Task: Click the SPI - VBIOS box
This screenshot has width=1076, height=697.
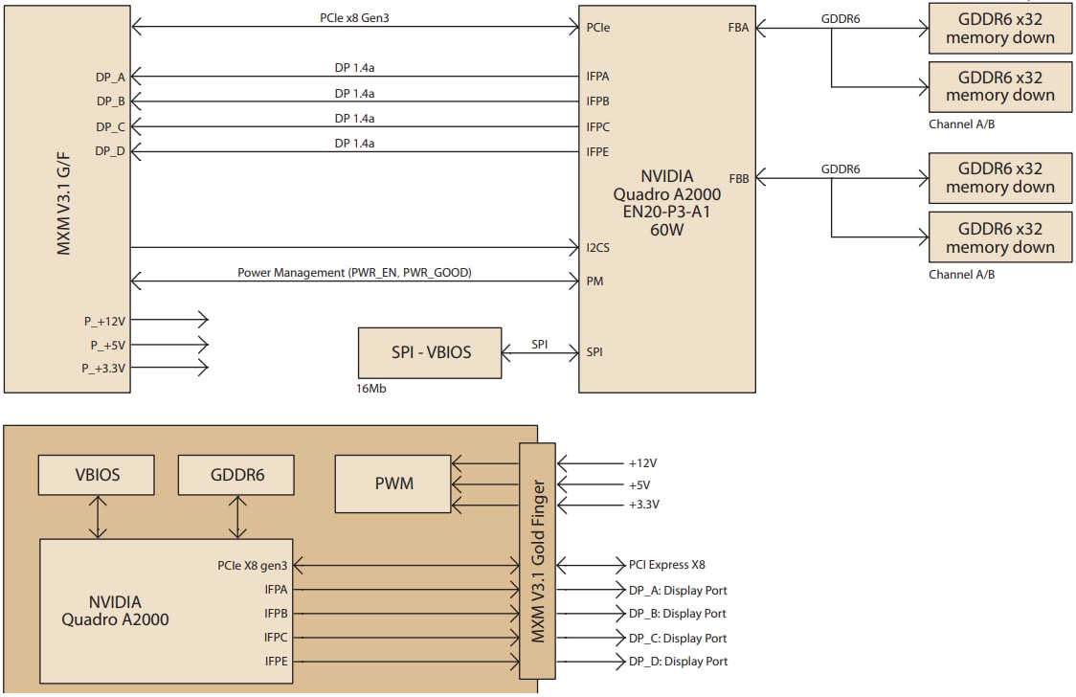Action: click(x=430, y=352)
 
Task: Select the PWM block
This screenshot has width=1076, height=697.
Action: click(x=393, y=483)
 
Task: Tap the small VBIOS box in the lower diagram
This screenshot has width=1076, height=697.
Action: click(x=97, y=475)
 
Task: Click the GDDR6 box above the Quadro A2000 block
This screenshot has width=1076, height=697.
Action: click(x=237, y=475)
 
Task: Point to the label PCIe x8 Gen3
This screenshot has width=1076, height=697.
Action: click(x=354, y=17)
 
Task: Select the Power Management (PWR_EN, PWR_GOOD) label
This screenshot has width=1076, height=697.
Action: click(x=354, y=273)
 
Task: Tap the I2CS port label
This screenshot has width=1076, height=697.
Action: click(x=598, y=248)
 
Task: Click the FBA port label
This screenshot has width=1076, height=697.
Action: click(x=739, y=28)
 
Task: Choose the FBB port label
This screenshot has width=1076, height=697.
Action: click(x=739, y=178)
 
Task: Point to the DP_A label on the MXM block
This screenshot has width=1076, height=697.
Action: click(x=110, y=76)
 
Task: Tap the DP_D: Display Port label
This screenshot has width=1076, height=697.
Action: click(x=678, y=662)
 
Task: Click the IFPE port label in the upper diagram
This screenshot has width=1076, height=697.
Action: click(x=598, y=151)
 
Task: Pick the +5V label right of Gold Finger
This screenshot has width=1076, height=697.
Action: click(x=640, y=484)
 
